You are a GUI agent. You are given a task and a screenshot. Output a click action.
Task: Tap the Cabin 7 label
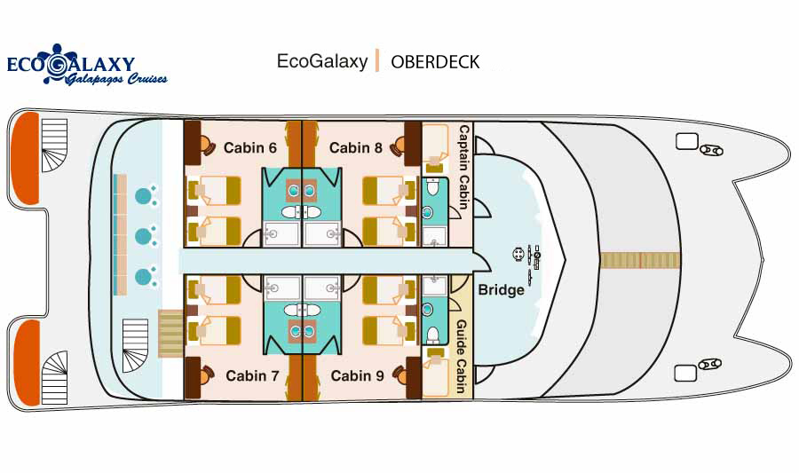coord(252,376)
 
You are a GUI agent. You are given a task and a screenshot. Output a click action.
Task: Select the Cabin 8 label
coord(355,147)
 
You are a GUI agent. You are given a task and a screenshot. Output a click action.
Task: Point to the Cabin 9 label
coord(357,376)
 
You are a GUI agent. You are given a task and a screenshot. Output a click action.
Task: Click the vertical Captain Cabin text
coord(463,167)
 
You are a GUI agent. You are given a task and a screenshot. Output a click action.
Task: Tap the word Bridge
coord(501,289)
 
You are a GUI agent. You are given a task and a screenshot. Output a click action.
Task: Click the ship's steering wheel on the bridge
coord(519,255)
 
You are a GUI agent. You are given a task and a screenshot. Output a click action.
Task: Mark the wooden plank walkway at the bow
coord(639,260)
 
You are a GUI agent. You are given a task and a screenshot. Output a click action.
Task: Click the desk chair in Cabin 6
coord(207,145)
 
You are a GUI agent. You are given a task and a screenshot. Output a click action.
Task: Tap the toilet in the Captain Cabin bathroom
coord(434,188)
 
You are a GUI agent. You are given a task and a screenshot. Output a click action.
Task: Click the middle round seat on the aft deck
coord(144,237)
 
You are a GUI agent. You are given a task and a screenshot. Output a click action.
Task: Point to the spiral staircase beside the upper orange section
coord(53,146)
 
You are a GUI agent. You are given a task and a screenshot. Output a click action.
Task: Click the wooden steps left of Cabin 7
coord(170,333)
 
